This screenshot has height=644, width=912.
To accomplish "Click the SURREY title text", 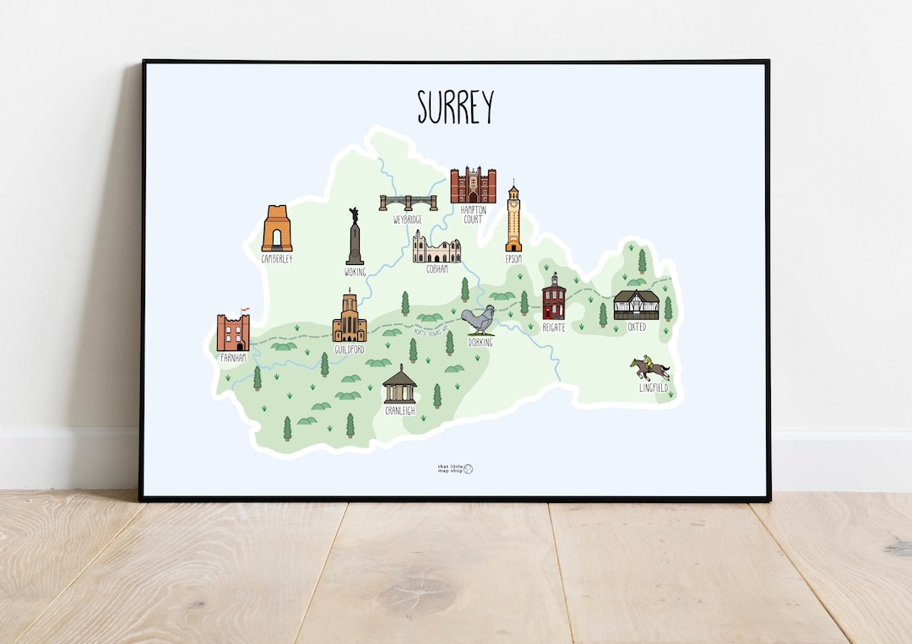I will point(455,107).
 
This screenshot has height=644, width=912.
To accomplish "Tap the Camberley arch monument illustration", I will point(276,229).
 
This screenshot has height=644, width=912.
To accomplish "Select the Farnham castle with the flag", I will point(233,331).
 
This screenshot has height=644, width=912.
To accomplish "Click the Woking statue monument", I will point(354,238).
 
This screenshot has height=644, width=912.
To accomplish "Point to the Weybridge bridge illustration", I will point(408,203).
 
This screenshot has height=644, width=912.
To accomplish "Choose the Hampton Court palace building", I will point(472,186).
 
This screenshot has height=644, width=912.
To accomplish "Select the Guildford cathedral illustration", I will point(349,318).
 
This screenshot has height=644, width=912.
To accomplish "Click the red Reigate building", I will point(554,297).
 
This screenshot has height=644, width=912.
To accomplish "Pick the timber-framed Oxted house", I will point(636,305).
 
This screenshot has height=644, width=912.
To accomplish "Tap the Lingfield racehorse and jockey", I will point(649,368).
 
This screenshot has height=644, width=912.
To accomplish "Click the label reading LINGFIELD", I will point(654,388).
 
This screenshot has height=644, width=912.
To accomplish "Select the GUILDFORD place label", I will point(349,349).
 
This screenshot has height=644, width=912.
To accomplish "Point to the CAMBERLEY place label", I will point(277,259).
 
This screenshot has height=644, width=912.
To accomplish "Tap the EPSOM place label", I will point(513,259).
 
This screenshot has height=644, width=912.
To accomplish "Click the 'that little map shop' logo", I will point(455,468).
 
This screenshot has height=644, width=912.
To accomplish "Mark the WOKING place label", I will point(355,272).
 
